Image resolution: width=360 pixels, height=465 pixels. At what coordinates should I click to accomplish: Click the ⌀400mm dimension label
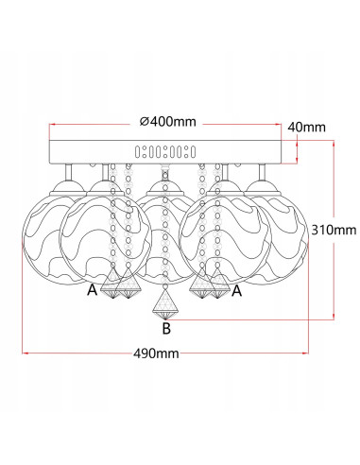(x=168, y=121)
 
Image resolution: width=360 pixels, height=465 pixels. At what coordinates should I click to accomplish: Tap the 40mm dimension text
(x=306, y=127)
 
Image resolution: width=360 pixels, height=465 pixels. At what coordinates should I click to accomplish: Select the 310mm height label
(x=334, y=230)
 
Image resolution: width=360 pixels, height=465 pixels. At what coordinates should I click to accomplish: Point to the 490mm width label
(x=156, y=353)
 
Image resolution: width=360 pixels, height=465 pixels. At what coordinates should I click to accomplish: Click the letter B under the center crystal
(x=166, y=328)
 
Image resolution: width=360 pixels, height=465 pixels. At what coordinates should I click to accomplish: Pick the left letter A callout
(x=92, y=290)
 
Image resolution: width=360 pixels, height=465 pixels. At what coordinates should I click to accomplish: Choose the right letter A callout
(x=236, y=290)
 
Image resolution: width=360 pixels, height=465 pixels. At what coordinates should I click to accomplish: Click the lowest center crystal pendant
(x=165, y=304)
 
